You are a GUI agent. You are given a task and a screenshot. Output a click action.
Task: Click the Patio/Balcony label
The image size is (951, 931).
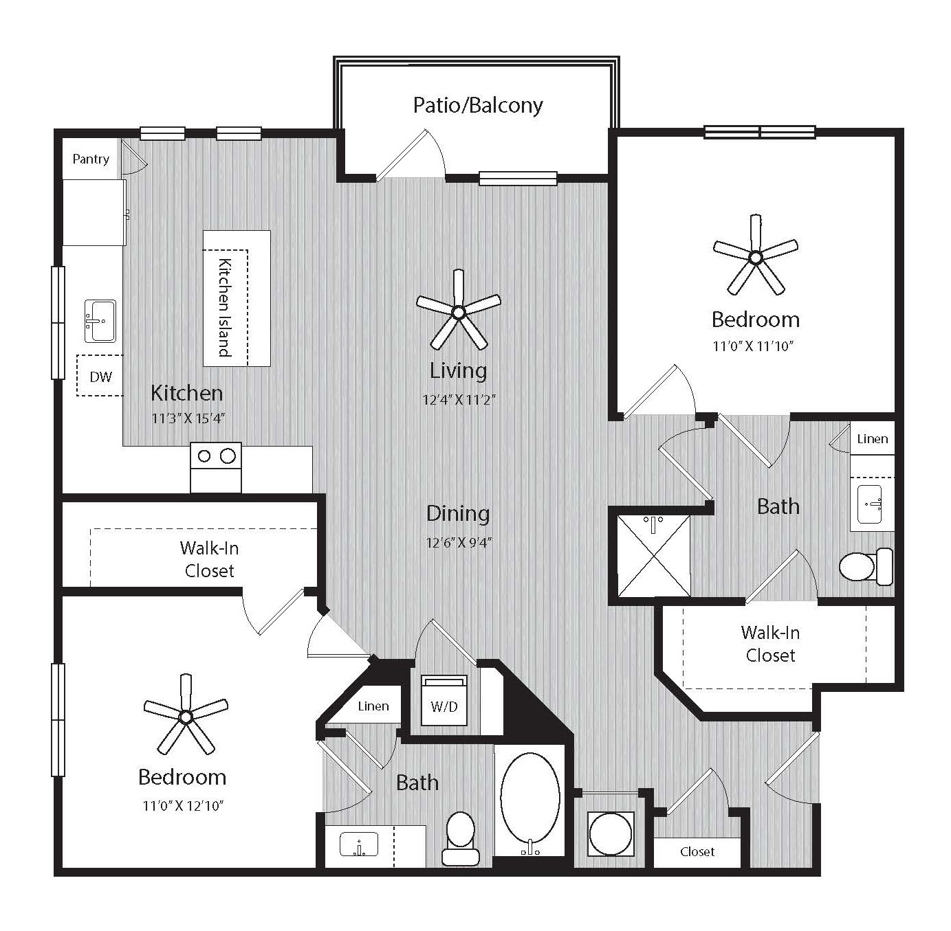(x=478, y=106)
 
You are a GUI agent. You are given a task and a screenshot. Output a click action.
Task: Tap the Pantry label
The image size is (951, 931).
(x=91, y=159)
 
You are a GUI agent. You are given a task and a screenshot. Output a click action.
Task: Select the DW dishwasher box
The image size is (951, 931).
(x=100, y=375)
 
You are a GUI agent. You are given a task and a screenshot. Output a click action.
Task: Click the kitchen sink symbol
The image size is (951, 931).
(x=100, y=321)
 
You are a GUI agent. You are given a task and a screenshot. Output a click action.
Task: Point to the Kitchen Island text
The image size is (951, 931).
(x=225, y=307)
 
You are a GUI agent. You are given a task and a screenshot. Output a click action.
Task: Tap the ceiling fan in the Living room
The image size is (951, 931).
(x=459, y=311)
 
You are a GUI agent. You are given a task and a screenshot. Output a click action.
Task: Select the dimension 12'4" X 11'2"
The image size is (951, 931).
(x=459, y=399)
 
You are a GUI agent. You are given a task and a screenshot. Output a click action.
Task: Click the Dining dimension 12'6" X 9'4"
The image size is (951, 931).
(x=459, y=543)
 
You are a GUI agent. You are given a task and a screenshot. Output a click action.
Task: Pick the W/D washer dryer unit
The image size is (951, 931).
(x=444, y=700)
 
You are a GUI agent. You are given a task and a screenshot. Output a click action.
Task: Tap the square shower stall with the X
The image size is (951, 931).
(x=653, y=557)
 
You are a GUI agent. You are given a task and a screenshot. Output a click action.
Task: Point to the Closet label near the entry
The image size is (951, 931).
(x=697, y=851)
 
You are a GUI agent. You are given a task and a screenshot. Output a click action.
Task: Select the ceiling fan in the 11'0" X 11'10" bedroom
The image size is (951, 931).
(x=756, y=256)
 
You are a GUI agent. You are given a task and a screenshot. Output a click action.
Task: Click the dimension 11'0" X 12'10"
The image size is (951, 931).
(x=183, y=806)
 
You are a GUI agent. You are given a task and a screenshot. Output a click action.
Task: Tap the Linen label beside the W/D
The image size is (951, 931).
(x=373, y=706)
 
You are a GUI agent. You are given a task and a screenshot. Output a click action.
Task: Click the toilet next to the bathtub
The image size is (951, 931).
(x=461, y=838)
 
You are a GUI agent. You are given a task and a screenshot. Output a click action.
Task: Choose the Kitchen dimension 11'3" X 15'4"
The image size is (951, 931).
(x=188, y=418)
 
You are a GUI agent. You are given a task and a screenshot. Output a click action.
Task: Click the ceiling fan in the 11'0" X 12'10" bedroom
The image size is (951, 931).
(x=186, y=716)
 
